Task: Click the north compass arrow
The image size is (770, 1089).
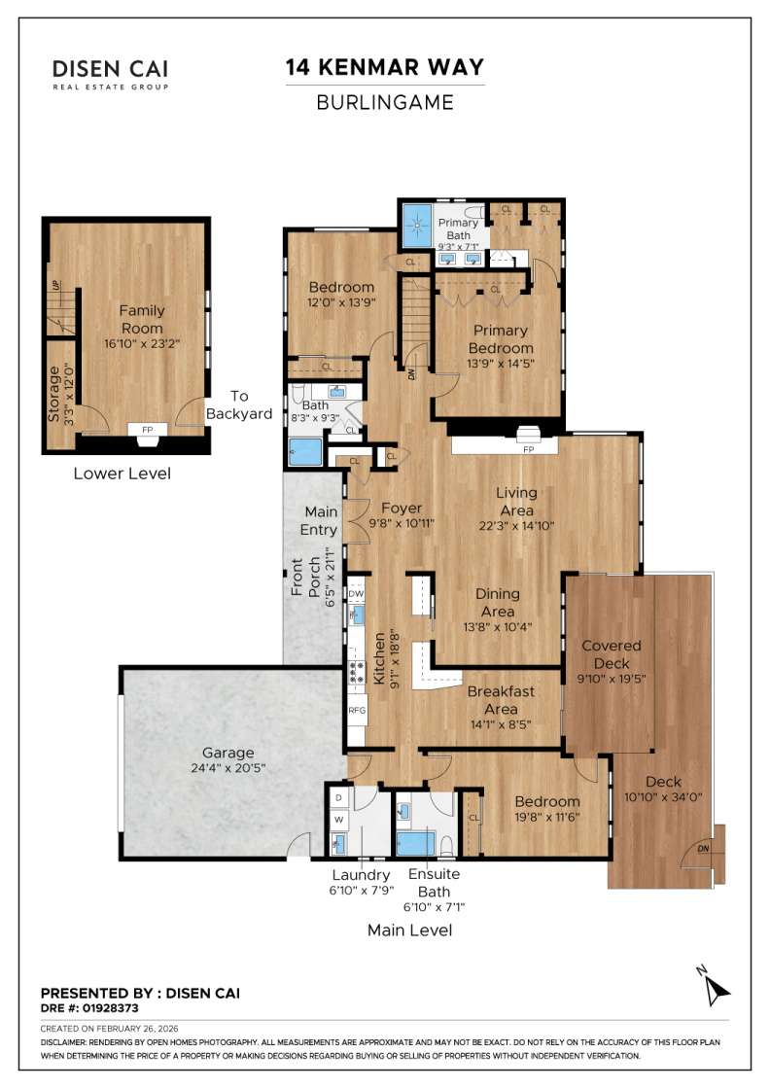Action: click(x=717, y=988)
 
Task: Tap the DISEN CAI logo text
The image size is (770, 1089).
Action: click(x=110, y=69)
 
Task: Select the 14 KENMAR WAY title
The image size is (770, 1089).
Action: click(x=384, y=67)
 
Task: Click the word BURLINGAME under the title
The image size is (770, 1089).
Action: click(x=384, y=101)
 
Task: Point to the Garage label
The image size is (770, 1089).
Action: click(x=227, y=753)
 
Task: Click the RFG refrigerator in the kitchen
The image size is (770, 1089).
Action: click(x=357, y=711)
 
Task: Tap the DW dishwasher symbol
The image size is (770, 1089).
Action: click(x=356, y=593)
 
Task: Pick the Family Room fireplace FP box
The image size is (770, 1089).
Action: click(x=147, y=429)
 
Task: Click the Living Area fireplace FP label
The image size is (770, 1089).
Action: click(x=529, y=450)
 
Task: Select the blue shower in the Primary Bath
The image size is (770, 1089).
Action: click(x=419, y=227)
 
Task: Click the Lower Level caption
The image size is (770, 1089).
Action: click(x=122, y=474)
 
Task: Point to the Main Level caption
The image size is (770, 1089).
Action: click(x=409, y=931)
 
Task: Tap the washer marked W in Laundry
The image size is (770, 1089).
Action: click(x=338, y=820)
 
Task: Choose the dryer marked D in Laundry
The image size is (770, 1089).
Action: click(x=338, y=797)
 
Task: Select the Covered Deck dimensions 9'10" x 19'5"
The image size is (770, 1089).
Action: click(x=611, y=680)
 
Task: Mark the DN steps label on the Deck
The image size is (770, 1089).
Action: click(x=703, y=849)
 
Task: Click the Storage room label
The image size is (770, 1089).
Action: click(x=54, y=393)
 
